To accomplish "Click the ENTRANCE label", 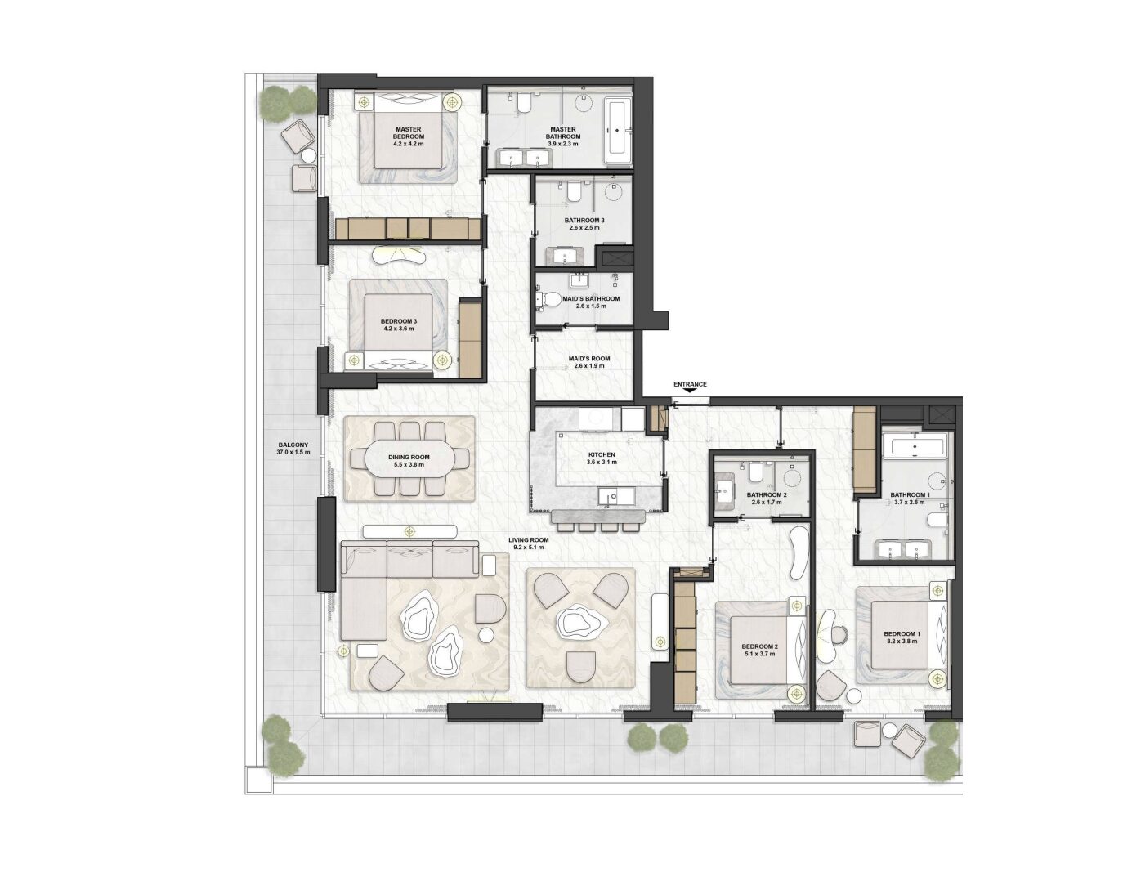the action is [690, 384].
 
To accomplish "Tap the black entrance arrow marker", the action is [691, 391].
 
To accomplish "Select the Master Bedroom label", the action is [409, 133].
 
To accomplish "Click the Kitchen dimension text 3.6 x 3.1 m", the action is [602, 462].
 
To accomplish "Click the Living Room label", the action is [528, 539].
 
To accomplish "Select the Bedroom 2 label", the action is [759, 646].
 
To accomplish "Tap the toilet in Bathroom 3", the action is [574, 192].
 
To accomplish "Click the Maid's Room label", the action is [589, 359].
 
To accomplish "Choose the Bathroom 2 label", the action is [767, 495].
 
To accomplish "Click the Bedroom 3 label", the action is [399, 321].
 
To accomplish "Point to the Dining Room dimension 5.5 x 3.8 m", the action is [409, 465].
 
